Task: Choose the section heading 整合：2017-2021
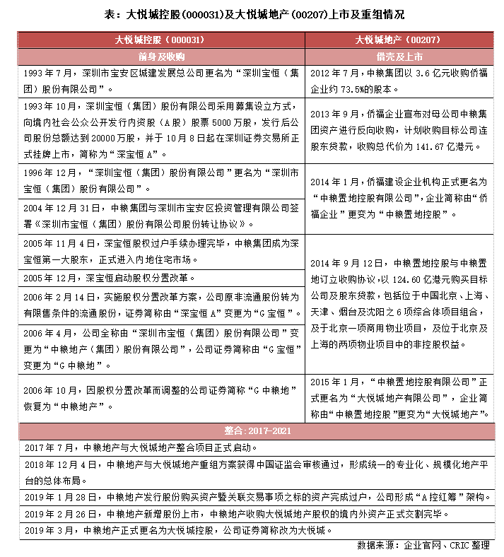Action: (252, 430)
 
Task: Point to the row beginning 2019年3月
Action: (252, 529)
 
